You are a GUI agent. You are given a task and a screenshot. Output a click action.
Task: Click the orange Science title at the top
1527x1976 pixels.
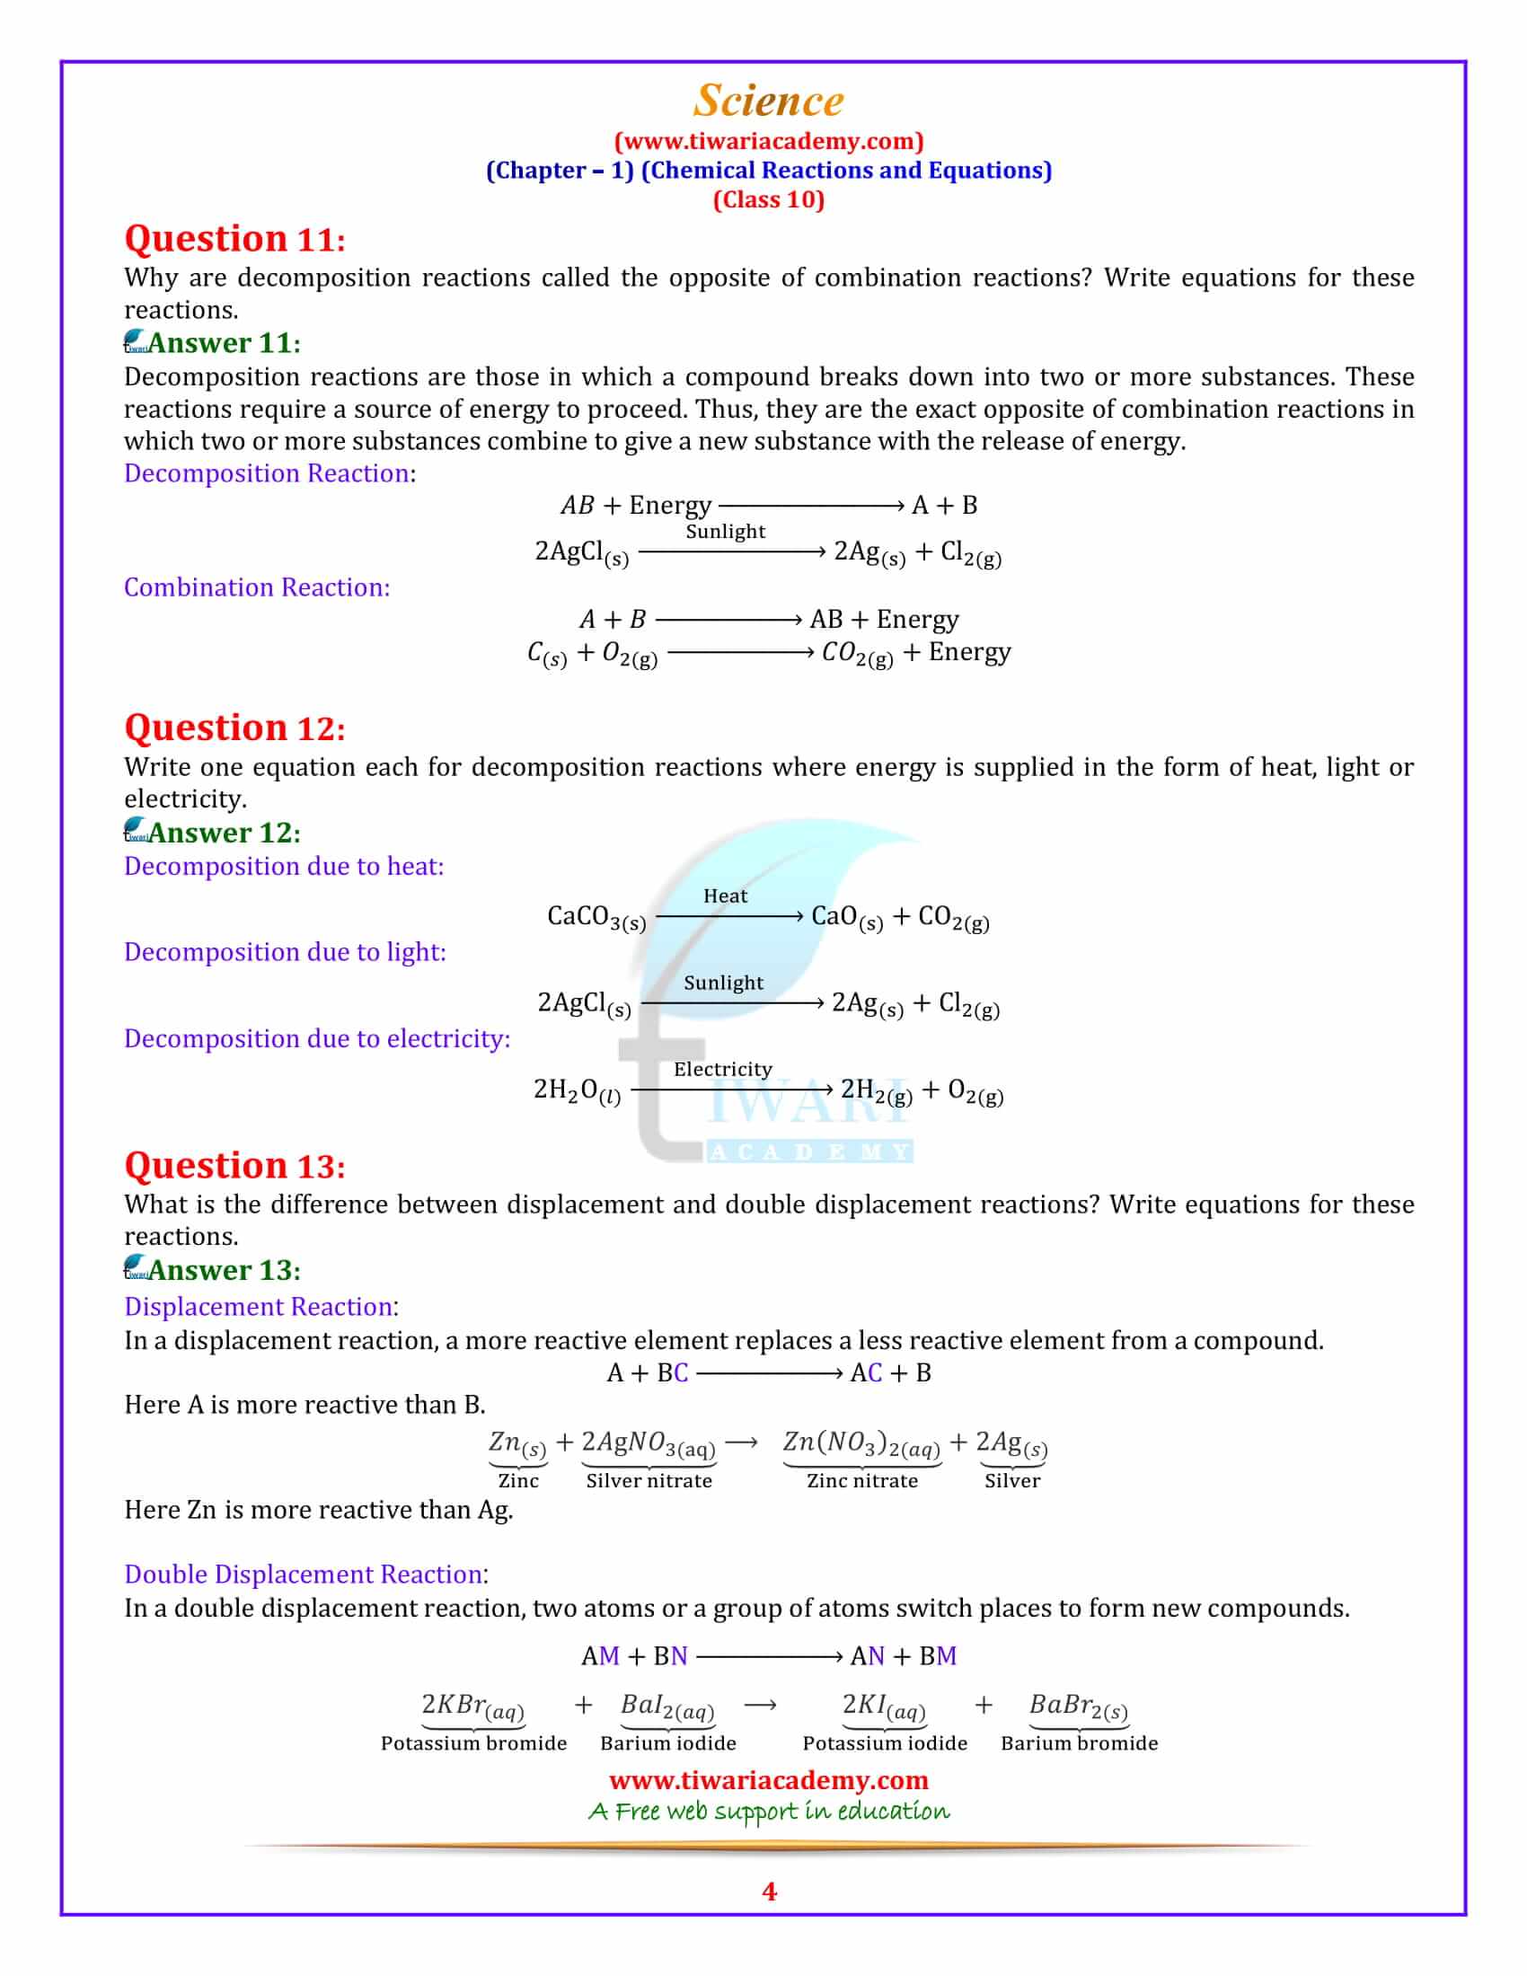(x=768, y=101)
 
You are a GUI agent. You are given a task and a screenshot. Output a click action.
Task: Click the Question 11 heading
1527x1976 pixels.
(x=234, y=239)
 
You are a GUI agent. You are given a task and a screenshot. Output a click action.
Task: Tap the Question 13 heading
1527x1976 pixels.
(x=234, y=1165)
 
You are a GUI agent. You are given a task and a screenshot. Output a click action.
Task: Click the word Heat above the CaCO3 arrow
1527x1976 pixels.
(x=725, y=895)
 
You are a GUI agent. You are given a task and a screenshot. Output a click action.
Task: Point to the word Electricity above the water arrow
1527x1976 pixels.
(x=722, y=1069)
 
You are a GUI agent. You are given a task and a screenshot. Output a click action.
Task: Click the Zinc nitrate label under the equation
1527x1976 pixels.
(x=861, y=1481)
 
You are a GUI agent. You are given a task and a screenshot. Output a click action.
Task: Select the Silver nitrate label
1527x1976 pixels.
(x=649, y=1481)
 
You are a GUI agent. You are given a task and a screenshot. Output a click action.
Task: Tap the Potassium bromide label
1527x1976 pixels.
(x=473, y=1743)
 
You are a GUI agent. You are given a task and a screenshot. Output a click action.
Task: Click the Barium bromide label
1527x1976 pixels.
(x=1078, y=1743)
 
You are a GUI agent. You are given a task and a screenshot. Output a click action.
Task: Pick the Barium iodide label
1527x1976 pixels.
(x=667, y=1743)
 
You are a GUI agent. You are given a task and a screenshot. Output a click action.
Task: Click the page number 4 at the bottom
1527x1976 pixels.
(x=769, y=1892)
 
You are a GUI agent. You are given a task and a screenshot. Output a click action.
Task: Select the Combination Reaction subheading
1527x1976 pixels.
(x=257, y=587)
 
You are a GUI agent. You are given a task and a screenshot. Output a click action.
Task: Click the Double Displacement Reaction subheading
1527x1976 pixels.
(x=303, y=1575)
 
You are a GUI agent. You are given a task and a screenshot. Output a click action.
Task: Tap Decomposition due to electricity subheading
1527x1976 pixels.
(x=316, y=1038)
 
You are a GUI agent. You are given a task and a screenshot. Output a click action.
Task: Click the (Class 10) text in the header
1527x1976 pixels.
(x=768, y=199)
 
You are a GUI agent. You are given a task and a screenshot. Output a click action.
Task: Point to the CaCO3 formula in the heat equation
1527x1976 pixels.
(x=596, y=917)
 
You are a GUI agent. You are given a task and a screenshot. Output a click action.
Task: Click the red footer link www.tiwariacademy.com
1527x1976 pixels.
(x=768, y=1779)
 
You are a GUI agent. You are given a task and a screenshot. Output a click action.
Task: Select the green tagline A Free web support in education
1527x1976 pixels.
(x=768, y=1811)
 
